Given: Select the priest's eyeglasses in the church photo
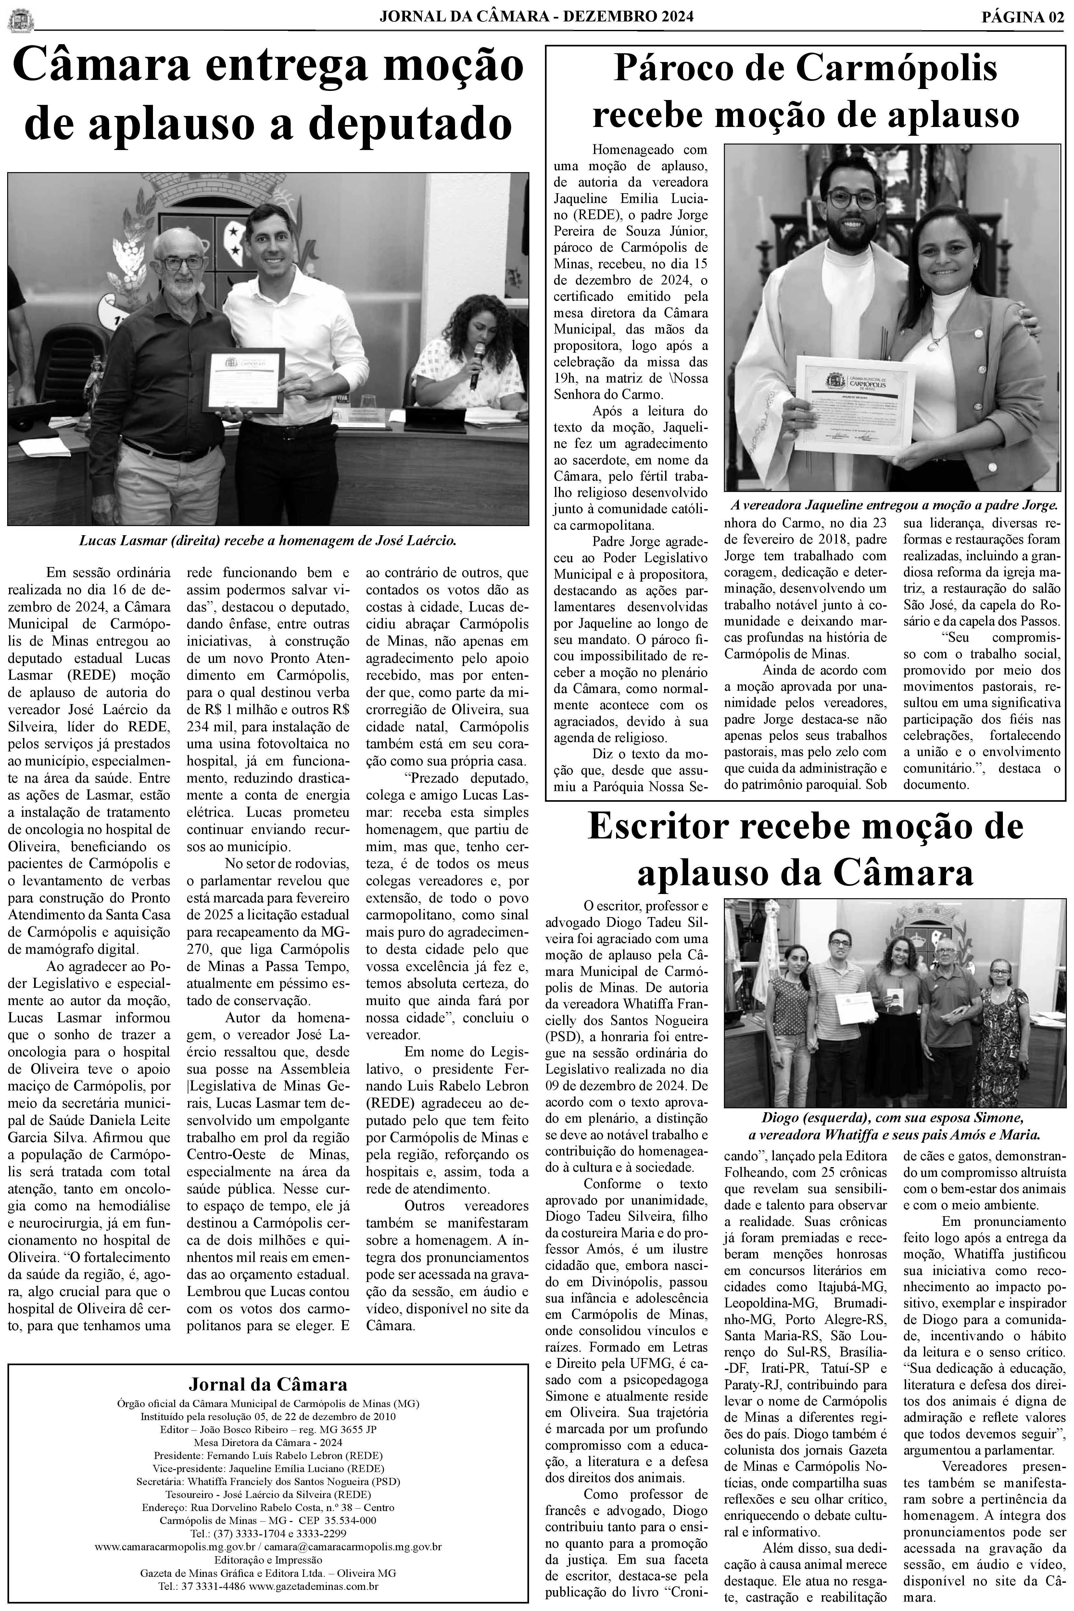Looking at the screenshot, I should click(852, 199).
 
